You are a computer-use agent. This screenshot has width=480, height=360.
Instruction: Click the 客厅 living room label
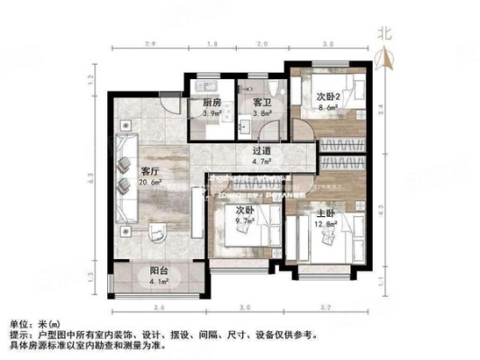tap(150, 170)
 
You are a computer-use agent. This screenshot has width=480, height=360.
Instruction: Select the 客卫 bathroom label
tap(262, 103)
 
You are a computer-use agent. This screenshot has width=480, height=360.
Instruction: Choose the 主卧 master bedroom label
tap(333, 215)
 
